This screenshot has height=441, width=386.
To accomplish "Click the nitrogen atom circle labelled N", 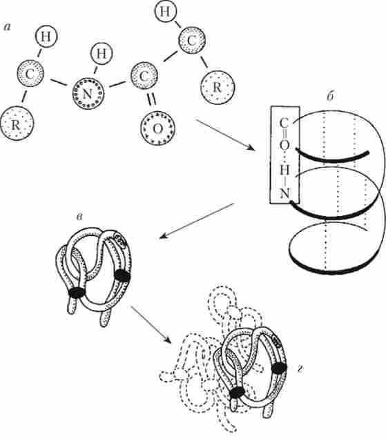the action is pyautogui.click(x=88, y=94).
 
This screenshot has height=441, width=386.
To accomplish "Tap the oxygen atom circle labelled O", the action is pyautogui.click(x=158, y=128).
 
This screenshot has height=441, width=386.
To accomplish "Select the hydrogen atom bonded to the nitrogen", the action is pyautogui.click(x=102, y=53).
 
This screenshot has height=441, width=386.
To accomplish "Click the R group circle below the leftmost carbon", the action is pyautogui.click(x=17, y=124).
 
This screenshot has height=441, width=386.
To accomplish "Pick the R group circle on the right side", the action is pyautogui.click(x=218, y=87).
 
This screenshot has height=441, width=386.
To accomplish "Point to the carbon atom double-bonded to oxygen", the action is pyautogui.click(x=144, y=76).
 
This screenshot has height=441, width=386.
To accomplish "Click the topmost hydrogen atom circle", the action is pyautogui.click(x=165, y=12).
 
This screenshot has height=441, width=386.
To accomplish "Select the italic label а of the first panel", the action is pyautogui.click(x=7, y=28).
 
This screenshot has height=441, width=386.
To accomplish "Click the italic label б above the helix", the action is pyautogui.click(x=330, y=96).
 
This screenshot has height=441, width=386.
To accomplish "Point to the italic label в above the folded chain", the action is pyautogui.click(x=79, y=217).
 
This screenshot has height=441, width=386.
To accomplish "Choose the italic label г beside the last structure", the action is pyautogui.click(x=300, y=369).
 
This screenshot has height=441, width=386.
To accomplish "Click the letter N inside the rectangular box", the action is pyautogui.click(x=284, y=193).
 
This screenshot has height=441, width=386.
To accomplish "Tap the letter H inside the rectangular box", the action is pyautogui.click(x=284, y=170).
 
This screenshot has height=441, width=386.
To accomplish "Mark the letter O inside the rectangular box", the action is pyautogui.click(x=284, y=146).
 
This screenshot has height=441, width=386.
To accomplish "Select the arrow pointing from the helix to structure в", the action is pyautogui.click(x=196, y=221).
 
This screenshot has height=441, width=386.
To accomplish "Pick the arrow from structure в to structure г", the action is pyautogui.click(x=151, y=324).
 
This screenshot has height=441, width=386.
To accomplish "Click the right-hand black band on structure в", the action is pyautogui.click(x=122, y=275).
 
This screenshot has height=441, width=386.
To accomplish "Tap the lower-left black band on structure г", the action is pyautogui.click(x=237, y=393).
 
